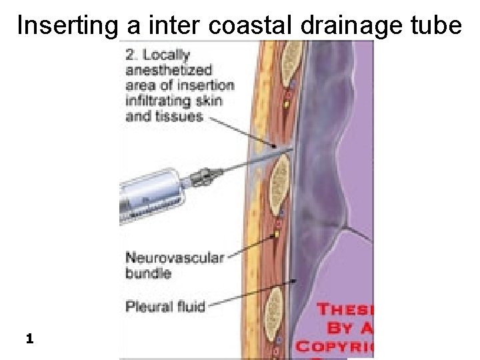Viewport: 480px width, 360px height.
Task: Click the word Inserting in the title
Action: [65, 25]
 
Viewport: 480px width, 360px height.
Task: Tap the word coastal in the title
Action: [251, 25]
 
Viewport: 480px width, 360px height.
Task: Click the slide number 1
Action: [29, 339]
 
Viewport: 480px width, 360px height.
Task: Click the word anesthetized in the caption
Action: [169, 70]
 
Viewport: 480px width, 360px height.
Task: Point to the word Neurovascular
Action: [175, 258]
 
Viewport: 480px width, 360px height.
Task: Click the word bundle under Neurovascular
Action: [149, 273]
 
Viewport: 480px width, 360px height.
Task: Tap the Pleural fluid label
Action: [165, 307]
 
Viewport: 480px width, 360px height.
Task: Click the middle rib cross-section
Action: [281, 179]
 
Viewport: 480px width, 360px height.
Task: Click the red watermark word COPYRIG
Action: [335, 346]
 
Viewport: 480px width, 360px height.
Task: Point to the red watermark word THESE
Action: [345, 309]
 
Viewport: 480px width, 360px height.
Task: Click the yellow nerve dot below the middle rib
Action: [275, 235]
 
